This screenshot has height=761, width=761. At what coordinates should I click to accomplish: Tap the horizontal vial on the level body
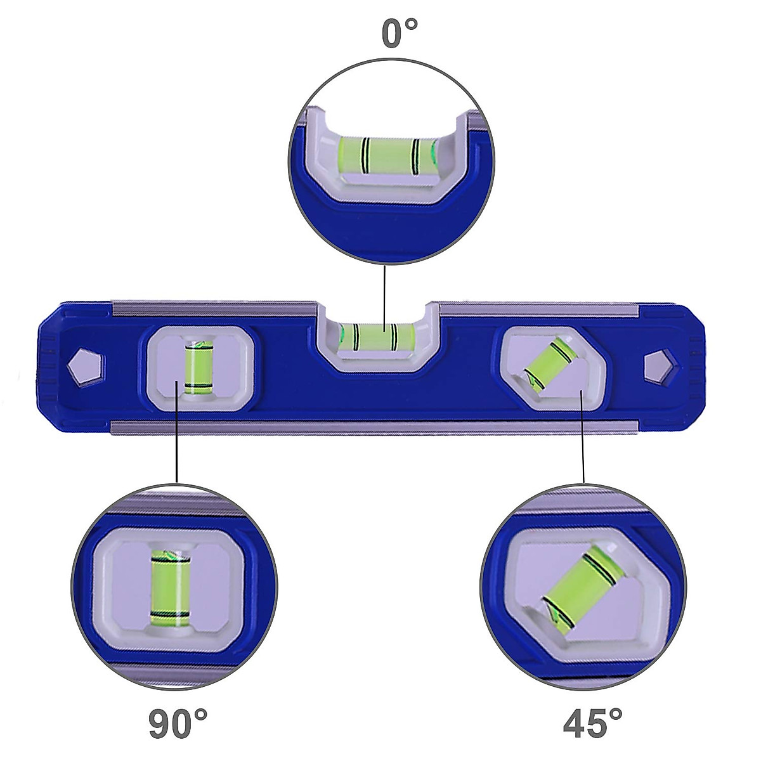click(x=377, y=333)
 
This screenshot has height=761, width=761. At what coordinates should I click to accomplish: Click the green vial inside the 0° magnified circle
click(x=388, y=156)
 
